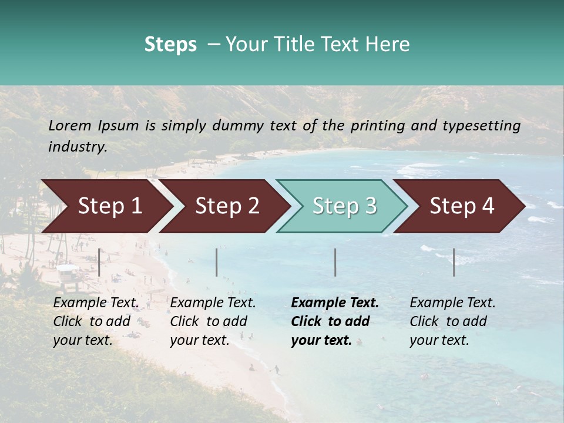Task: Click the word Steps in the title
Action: click(170, 44)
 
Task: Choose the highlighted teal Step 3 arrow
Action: click(344, 206)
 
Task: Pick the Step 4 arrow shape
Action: click(462, 206)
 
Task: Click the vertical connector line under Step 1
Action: click(99, 262)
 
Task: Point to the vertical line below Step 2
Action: click(217, 262)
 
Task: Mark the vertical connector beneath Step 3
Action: click(335, 262)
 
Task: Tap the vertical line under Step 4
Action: click(454, 262)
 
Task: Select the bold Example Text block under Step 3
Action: click(335, 321)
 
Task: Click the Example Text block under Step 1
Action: click(96, 321)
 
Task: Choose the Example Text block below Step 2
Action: click(213, 321)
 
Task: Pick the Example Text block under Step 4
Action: click(452, 321)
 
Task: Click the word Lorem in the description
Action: click(70, 125)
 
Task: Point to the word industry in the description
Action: click(78, 146)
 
